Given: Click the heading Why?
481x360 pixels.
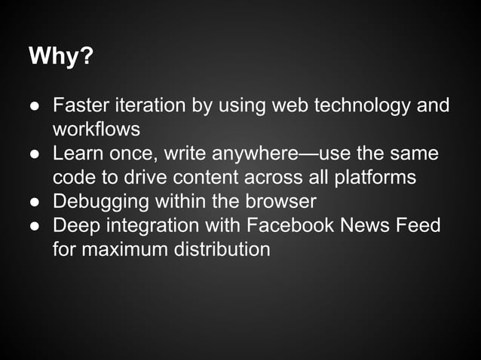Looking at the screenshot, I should point(60,57).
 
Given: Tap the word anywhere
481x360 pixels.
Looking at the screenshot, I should point(256,154).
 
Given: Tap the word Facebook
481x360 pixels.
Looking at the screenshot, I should point(293,226).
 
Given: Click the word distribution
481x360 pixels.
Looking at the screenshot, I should point(224,250).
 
